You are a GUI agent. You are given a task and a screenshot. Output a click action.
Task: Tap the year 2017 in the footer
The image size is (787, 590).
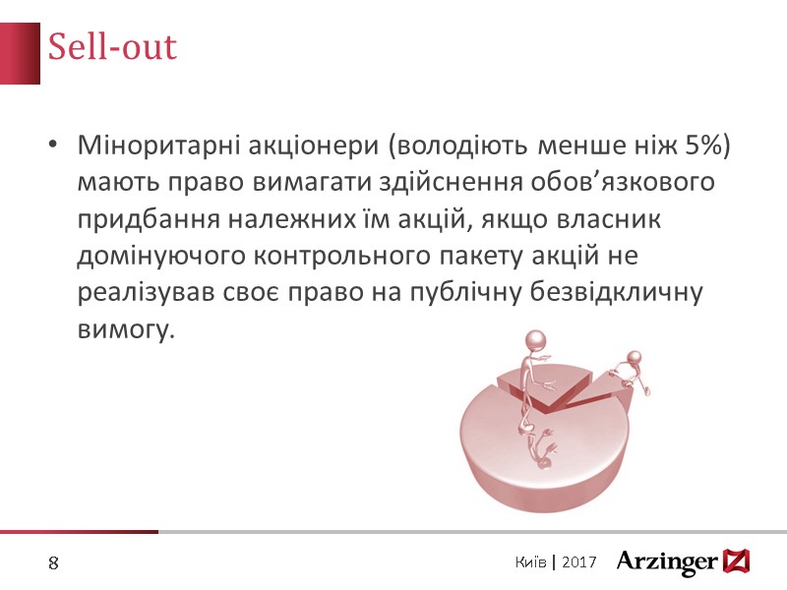582,561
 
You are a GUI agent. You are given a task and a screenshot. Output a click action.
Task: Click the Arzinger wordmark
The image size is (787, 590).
667,561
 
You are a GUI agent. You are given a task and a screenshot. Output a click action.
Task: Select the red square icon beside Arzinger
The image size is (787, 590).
736,560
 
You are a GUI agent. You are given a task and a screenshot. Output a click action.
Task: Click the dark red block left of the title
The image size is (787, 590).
20,50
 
